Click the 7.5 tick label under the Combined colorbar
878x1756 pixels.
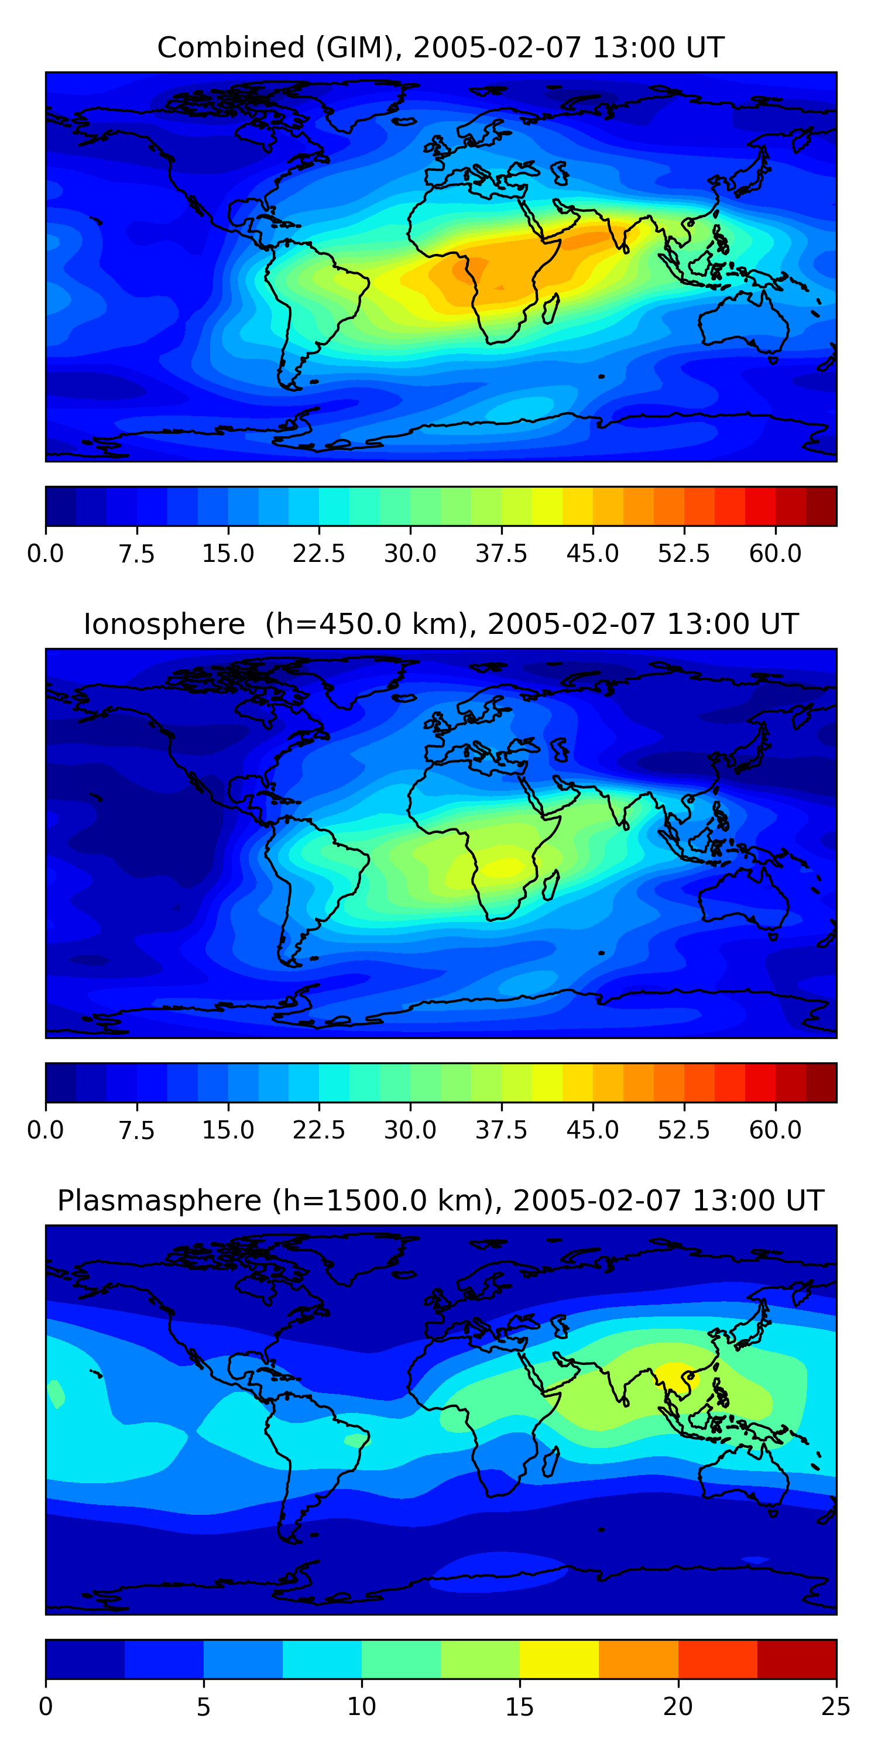pos(136,554)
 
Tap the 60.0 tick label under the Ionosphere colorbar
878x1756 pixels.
pos(775,1130)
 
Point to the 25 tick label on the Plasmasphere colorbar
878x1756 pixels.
pos(836,1707)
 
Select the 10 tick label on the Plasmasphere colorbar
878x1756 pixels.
pos(361,1707)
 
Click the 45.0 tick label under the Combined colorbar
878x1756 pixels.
pos(592,554)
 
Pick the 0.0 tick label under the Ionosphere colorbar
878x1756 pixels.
pos(46,1130)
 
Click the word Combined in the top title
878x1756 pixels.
pos(231,49)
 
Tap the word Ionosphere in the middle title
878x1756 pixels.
pos(164,625)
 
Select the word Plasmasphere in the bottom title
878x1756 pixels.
pos(159,1201)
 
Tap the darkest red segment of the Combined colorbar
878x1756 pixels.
pos(821,506)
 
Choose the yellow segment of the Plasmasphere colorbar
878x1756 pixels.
pos(559,1658)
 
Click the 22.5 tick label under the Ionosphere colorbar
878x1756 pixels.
pos(319,1130)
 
